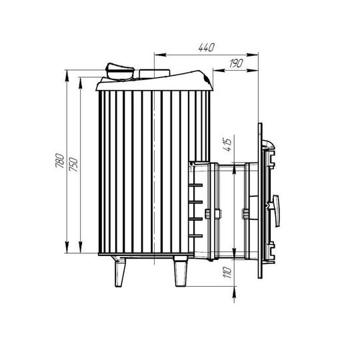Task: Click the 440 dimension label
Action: pos(207,47)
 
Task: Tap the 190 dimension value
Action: pos(236,63)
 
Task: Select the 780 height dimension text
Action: pos(60,160)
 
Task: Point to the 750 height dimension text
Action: pos(74,165)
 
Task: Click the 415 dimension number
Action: pos(227,145)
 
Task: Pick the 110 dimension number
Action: pos(227,273)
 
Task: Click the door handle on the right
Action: pos(276,210)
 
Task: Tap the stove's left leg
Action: pos(119,272)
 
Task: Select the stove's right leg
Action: pos(181,271)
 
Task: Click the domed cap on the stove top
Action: pos(119,71)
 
